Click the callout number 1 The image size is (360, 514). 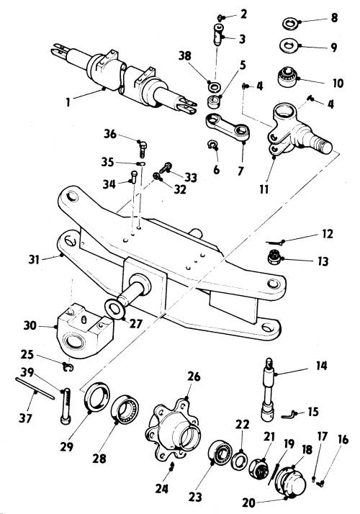point(68,102)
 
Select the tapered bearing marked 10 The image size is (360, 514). point(287,77)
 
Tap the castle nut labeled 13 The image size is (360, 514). point(274,257)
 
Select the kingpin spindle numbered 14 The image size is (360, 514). point(269,390)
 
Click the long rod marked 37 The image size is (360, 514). point(35,389)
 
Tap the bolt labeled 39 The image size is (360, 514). point(66,407)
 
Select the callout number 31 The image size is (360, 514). point(34,260)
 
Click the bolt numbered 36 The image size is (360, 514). point(143,149)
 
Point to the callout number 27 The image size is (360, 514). point(136,324)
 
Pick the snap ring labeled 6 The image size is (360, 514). point(212,145)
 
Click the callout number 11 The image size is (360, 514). point(264,189)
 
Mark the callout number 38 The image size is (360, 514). point(184,55)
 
